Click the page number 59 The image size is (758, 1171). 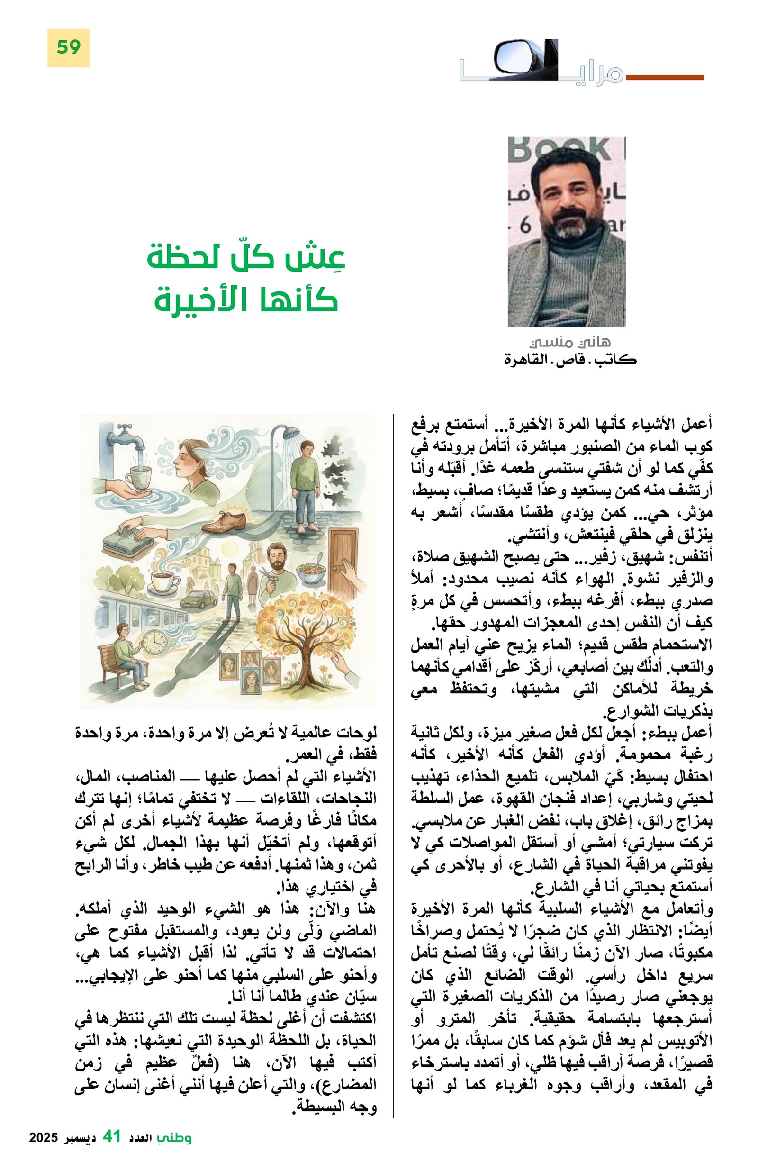[x=68, y=47]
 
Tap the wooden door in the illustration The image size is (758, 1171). [x=342, y=561]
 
